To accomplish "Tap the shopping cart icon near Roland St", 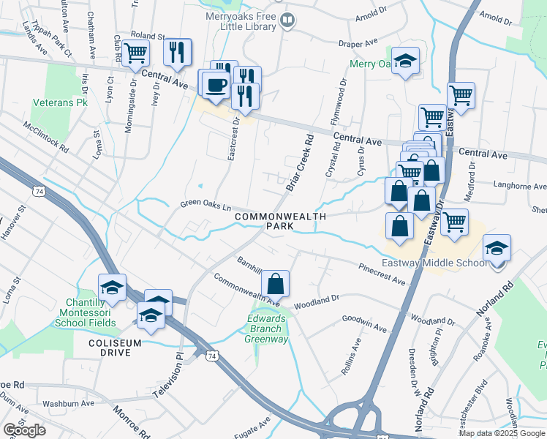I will (x=136, y=53).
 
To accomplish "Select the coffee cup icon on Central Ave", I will (x=215, y=85).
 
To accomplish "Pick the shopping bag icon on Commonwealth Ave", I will (x=275, y=283).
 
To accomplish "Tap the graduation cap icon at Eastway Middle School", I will (x=497, y=249).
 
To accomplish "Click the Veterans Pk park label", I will (x=60, y=103).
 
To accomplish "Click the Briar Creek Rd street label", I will (x=300, y=162).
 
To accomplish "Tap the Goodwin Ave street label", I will (x=363, y=324).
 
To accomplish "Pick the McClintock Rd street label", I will (x=45, y=136).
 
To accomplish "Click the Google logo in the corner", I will (x=24, y=430).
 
